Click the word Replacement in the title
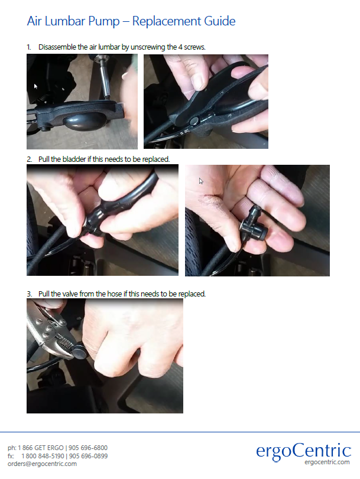pyautogui.click(x=166, y=21)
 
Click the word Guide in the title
pyautogui.click(x=220, y=21)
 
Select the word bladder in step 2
pyautogui.click(x=74, y=159)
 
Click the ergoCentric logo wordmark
pyautogui.click(x=303, y=451)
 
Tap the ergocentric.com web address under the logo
pyautogui.click(x=327, y=462)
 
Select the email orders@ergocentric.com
pyautogui.click(x=42, y=464)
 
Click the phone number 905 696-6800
pyautogui.click(x=88, y=448)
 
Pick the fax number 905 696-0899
pyautogui.click(x=89, y=456)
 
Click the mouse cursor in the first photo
pyautogui.click(x=35, y=86)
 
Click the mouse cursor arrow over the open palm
pyautogui.click(x=201, y=181)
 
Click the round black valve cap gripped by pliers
pyautogui.click(x=80, y=351)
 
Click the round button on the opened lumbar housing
pyautogui.click(x=194, y=121)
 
